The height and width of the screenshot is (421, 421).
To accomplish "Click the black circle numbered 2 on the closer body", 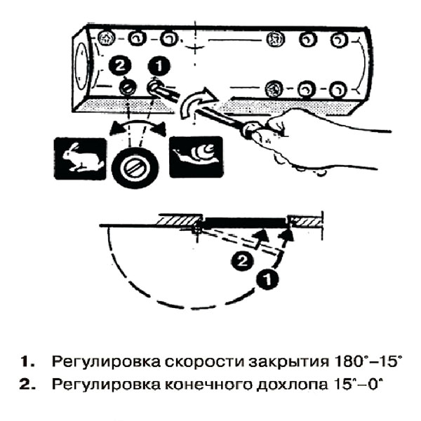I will pyautogui.click(x=120, y=67).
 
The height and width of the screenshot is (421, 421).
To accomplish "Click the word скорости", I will pyautogui.click(x=180, y=363).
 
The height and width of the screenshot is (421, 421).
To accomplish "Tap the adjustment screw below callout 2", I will pyautogui.click(x=127, y=88).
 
